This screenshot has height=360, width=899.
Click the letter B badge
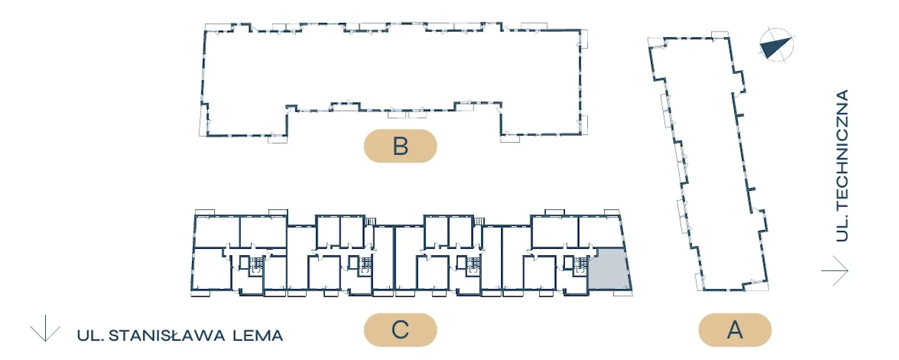pyautogui.click(x=400, y=146)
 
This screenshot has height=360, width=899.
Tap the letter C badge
pyautogui.click(x=400, y=331)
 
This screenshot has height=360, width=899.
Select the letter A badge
pyautogui.click(x=735, y=331)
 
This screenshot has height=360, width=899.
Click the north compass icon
pyautogui.click(x=776, y=46)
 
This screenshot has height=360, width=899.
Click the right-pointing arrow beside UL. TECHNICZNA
pyautogui.click(x=835, y=272)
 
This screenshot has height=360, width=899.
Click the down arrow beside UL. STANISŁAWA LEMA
pyautogui.click(x=45, y=328)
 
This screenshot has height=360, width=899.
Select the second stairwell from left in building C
pyautogui.click(x=364, y=263)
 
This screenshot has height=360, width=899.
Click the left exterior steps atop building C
pyautogui.click(x=371, y=221)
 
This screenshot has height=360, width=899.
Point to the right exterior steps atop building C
pyautogui.click(x=482, y=221)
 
